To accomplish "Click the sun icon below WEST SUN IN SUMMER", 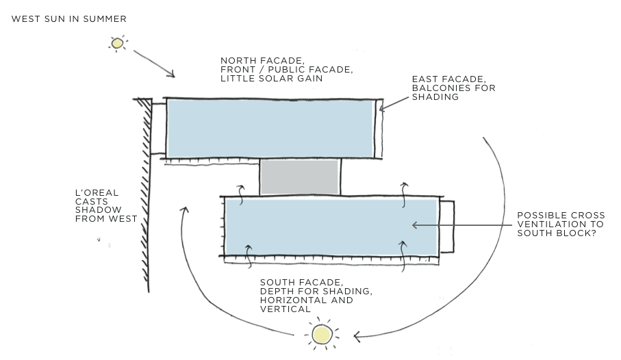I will coord(117,44).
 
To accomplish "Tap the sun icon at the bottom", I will coord(322,335).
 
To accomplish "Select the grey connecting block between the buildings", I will coord(300,177).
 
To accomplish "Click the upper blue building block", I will coord(271,128).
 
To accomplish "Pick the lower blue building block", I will coord(331,227).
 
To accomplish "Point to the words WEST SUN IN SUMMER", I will coord(69,18).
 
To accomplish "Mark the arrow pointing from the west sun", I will coord(154,63).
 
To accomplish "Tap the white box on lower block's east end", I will coord(446,227).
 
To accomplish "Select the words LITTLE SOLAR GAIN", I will coord(271,79).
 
